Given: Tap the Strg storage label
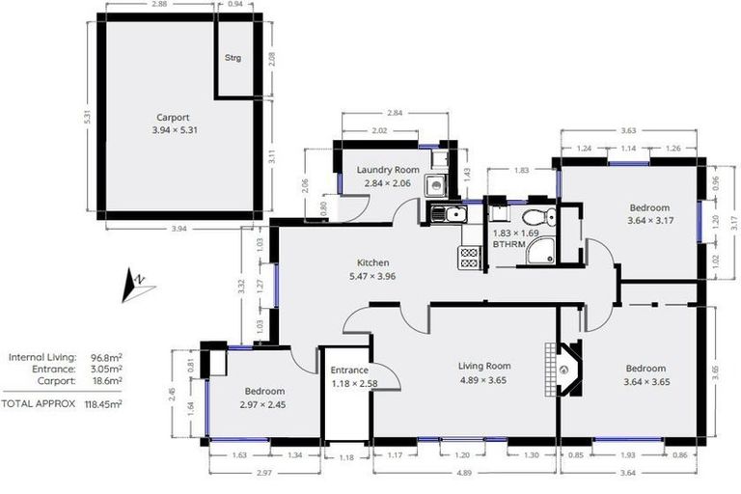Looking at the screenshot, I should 233,58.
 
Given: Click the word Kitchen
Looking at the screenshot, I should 372,262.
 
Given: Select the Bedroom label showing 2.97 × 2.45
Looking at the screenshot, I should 263,391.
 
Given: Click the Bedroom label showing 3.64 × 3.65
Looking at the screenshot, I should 645,369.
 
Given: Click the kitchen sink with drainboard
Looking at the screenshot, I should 447,213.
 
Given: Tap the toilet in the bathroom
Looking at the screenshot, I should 544,216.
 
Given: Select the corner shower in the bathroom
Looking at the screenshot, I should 544,252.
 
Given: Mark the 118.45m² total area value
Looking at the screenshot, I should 103,404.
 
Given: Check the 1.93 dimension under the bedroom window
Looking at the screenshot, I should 627,455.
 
